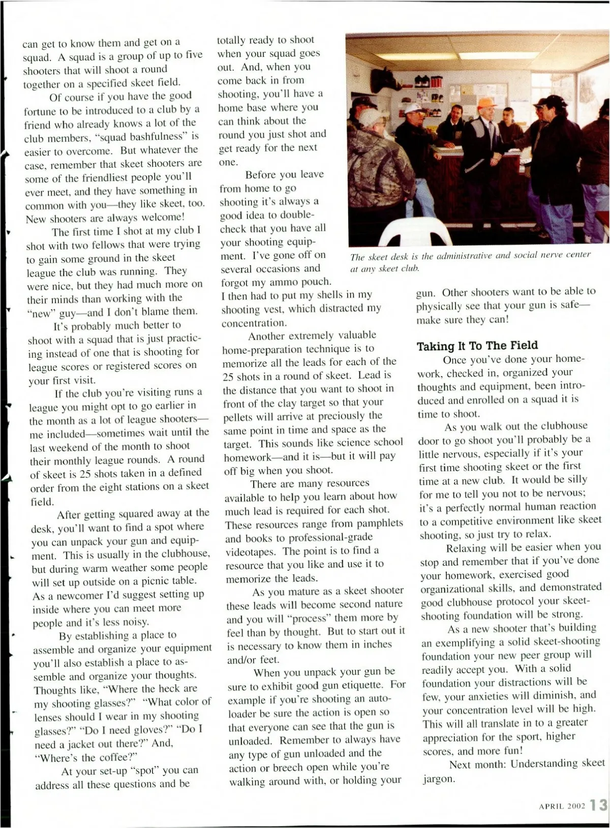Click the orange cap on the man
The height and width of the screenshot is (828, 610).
click(x=486, y=102)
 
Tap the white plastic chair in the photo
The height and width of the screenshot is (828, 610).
click(x=415, y=233)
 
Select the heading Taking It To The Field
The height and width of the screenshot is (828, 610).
click(x=477, y=346)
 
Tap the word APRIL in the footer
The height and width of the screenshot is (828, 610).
click(x=556, y=806)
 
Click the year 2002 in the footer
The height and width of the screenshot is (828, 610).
click(x=577, y=806)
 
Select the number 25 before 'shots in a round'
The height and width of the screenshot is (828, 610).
click(x=228, y=377)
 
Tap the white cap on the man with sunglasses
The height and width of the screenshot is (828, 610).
click(x=413, y=108)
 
